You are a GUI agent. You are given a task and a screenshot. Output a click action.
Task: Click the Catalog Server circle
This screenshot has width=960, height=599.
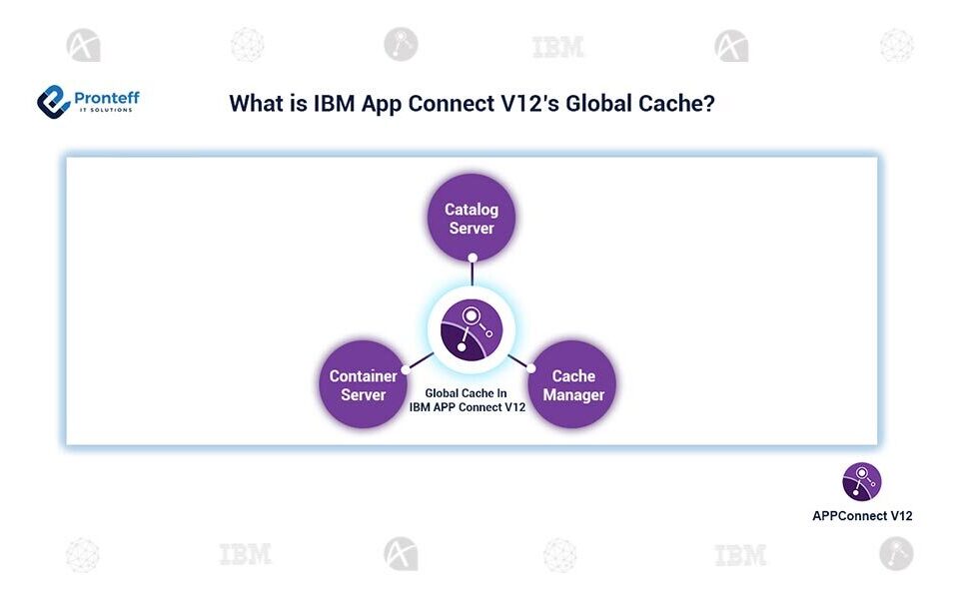click(x=472, y=219)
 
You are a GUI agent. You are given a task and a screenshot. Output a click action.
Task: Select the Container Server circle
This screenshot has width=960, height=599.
click(x=364, y=384)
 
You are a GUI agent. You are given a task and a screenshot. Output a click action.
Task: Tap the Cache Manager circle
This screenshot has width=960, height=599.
click(x=573, y=384)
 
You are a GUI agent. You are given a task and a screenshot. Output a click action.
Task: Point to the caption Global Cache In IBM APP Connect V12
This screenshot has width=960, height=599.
click(x=468, y=400)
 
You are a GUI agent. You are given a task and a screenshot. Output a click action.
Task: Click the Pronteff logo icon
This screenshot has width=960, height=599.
click(x=53, y=101)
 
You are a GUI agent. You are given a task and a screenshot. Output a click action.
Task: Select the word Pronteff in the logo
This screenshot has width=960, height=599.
click(x=106, y=98)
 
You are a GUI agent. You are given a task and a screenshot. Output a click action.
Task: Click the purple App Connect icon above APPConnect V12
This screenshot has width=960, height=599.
click(x=861, y=481)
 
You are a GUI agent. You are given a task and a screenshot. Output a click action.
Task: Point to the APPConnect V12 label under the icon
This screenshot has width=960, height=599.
click(x=861, y=516)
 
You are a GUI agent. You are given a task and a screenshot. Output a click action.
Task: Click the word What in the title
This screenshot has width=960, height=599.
click(x=257, y=104)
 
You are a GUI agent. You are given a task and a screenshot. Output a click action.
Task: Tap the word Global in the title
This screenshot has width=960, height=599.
click(x=597, y=104)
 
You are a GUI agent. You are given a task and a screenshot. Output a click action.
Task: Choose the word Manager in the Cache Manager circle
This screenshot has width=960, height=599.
click(x=573, y=394)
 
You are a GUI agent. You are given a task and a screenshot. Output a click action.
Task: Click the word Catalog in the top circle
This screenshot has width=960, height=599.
click(x=472, y=210)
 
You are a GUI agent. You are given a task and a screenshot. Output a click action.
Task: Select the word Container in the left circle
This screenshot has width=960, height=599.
click(x=364, y=375)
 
